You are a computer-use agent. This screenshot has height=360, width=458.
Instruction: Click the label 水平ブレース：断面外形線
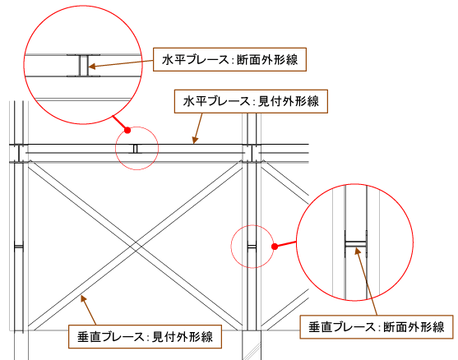[x=230, y=59]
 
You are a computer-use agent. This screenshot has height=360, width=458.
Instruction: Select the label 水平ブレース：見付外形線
[x=251, y=101]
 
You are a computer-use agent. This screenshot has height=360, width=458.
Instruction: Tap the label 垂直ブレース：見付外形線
[x=145, y=337]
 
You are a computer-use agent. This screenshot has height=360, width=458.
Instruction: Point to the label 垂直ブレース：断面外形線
[x=377, y=327]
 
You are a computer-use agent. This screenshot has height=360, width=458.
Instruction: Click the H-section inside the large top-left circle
[x=83, y=66]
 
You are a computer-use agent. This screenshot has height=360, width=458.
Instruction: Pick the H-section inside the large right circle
[x=355, y=244]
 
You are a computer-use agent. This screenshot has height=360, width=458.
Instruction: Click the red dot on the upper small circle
[x=127, y=130]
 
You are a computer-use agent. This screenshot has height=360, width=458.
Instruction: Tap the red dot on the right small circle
[x=275, y=247]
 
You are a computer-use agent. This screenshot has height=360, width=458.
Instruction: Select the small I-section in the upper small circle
[x=135, y=149]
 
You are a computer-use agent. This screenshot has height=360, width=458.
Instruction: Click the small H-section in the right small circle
[x=252, y=247]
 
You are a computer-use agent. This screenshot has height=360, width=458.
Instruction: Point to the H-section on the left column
[x=19, y=247]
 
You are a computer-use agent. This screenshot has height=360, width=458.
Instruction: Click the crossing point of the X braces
[x=135, y=246]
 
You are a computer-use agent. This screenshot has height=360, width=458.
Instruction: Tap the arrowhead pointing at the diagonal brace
[x=83, y=298]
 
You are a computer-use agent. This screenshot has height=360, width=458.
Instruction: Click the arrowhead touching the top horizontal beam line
[x=195, y=141]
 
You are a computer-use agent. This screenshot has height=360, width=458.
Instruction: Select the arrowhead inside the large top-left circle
[x=92, y=67]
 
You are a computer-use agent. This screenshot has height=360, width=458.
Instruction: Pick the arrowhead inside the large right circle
[x=357, y=251]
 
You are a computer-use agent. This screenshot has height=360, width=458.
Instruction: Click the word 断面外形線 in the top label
[x=267, y=60]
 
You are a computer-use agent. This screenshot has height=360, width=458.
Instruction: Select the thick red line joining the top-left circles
[x=120, y=123]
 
